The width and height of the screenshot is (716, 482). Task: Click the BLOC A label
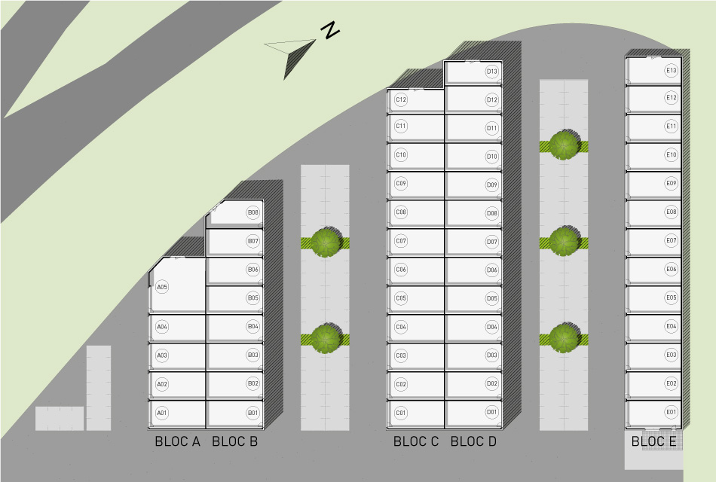point(177,442)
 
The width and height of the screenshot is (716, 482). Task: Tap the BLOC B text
point(234,442)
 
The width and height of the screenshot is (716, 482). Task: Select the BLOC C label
point(415,442)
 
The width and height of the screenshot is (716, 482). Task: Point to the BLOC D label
point(473,442)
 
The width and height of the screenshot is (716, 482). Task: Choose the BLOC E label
point(653,442)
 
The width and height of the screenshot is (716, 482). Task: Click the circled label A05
point(162,287)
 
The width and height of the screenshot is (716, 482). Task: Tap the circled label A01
point(162,413)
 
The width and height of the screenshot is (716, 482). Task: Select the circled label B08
point(253,213)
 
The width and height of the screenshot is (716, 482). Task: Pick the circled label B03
point(253,355)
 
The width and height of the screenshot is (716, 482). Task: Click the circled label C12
point(401,99)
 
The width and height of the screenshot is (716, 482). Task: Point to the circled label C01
point(401,413)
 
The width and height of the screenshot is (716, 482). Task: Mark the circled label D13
point(492,72)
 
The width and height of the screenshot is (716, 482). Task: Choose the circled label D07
point(492,242)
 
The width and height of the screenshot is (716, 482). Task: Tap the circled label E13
point(672,71)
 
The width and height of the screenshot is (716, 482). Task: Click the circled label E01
point(672,412)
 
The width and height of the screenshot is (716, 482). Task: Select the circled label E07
point(672,241)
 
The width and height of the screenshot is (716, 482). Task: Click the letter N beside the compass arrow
point(329,31)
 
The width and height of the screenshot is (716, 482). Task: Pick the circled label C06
point(401,270)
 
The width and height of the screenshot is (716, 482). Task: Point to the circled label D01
point(492,412)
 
